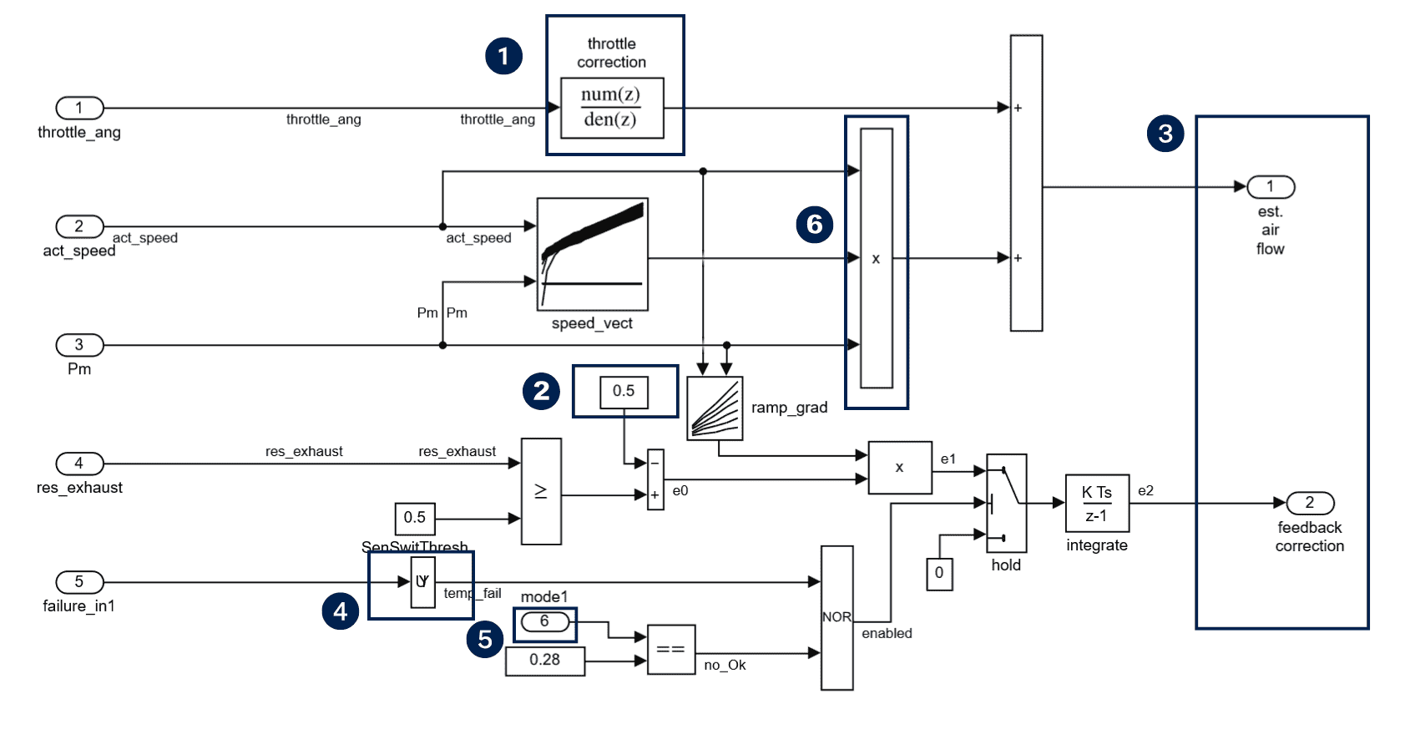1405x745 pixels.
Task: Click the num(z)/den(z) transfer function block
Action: coord(612,108)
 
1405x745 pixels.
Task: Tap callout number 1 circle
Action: coord(503,56)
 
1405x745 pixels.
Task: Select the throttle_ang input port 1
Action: coord(79,108)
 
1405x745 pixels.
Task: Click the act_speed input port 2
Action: coord(79,226)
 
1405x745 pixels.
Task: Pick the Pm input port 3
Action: coord(79,345)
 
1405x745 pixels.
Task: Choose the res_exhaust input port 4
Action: coord(79,464)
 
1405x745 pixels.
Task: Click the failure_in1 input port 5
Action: coord(79,582)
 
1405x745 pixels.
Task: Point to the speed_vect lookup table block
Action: coord(592,255)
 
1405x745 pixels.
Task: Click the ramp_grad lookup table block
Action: coord(715,408)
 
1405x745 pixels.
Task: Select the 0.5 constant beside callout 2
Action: coord(624,392)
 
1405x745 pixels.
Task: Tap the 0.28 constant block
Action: coord(544,661)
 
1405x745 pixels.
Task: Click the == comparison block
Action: coord(670,649)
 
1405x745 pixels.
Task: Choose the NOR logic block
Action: coord(836,618)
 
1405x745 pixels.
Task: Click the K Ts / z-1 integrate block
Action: coord(1097,504)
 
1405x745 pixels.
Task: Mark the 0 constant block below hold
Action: coord(939,574)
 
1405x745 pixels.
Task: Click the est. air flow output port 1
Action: coord(1271,187)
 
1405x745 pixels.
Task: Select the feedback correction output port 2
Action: coord(1310,503)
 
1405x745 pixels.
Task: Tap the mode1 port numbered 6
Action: coord(544,621)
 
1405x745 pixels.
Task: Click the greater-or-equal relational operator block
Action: coord(541,491)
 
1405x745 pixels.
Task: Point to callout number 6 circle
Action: coord(815,224)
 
